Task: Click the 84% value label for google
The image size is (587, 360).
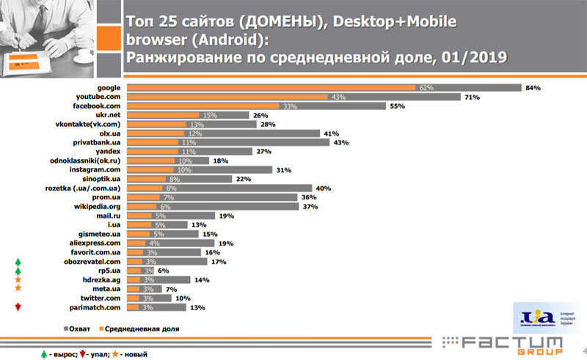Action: point(533,88)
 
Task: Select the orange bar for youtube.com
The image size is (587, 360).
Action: point(227,98)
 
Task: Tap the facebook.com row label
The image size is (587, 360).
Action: point(95,107)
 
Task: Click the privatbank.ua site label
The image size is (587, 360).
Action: point(93,142)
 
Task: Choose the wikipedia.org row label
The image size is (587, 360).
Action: point(93,207)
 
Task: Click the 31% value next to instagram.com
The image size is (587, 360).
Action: point(282,170)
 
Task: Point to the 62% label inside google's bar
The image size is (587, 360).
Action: point(426,88)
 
